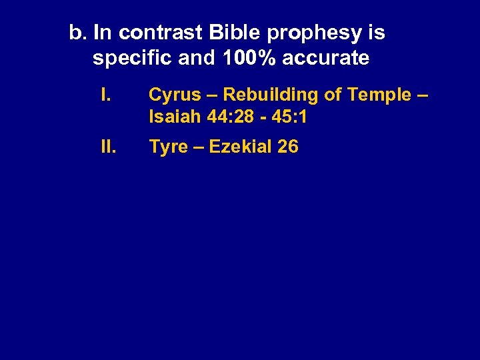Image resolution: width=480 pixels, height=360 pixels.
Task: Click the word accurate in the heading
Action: coord(325,58)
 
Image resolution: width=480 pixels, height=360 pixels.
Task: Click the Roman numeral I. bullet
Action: coord(105,95)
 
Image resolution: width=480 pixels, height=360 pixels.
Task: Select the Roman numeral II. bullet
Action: coord(107,147)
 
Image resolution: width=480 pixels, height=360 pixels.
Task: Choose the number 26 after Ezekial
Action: coord(287,147)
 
